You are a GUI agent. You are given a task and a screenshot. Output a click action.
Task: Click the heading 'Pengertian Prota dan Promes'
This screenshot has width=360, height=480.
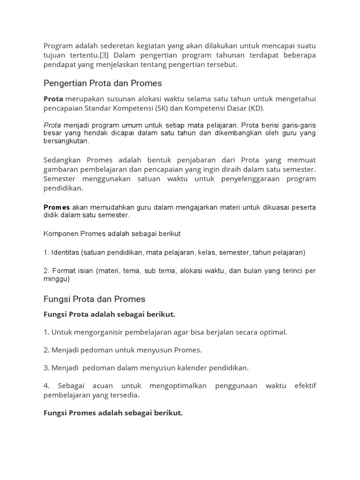tap(103, 83)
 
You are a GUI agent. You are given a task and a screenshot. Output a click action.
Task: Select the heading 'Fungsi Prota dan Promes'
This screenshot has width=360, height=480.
tap(94, 299)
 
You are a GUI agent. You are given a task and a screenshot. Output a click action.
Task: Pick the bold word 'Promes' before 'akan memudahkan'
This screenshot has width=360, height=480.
tap(57, 207)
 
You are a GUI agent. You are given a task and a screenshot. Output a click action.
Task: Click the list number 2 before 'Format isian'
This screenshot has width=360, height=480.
tap(46, 271)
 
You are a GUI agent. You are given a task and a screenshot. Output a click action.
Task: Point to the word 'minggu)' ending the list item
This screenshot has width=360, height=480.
tap(57, 279)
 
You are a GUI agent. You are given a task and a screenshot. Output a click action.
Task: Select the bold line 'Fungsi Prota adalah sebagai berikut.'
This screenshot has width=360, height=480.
tap(109, 315)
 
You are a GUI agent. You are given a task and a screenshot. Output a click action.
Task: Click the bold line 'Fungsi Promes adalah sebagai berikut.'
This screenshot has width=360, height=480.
tap(113, 413)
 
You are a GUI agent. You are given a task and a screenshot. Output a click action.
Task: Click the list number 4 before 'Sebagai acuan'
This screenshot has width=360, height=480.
tap(46, 386)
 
